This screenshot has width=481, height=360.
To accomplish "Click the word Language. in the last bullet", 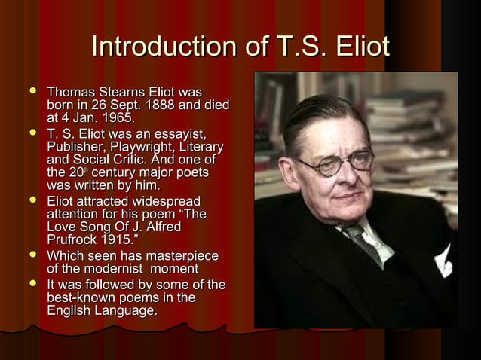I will click(126, 310).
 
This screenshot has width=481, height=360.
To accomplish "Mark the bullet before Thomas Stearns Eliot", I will click(32, 92).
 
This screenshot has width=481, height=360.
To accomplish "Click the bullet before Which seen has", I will click(32, 257).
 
